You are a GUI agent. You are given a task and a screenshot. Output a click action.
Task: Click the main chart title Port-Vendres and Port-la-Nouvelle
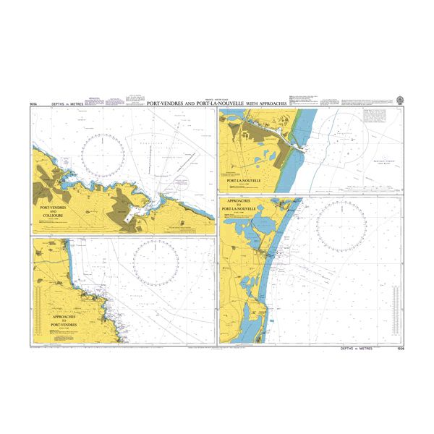tap(217, 103)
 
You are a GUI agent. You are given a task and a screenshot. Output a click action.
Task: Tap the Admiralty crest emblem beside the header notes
tap(399, 95)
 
